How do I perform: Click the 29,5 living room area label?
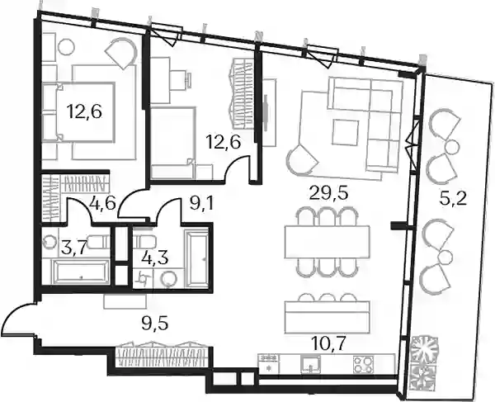(x=328, y=193)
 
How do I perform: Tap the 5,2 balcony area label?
(x=453, y=199)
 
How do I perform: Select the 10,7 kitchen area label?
(x=328, y=343)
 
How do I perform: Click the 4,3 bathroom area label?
(x=155, y=258)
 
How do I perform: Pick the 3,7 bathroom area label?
(x=74, y=248)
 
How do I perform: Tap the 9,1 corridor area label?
(x=202, y=205)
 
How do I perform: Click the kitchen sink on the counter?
(x=311, y=364)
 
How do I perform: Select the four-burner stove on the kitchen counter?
(x=363, y=365)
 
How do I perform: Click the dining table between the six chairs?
(x=327, y=242)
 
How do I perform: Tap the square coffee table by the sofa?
(x=346, y=132)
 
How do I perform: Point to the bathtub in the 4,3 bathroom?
(x=197, y=258)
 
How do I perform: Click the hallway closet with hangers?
(x=162, y=354)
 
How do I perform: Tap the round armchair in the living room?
(x=302, y=160)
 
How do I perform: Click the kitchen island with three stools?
(x=327, y=317)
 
